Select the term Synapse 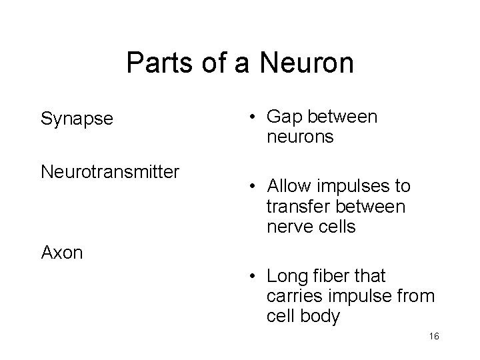tap(77, 119)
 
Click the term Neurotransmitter tap(110, 173)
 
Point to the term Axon tap(62, 253)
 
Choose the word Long tap(286, 275)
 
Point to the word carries tap(293, 295)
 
